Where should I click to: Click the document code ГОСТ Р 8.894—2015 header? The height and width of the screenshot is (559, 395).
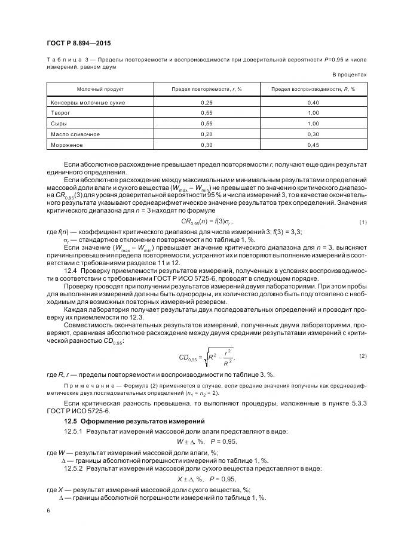coord(78,43)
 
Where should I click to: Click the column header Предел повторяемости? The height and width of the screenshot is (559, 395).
coord(206,88)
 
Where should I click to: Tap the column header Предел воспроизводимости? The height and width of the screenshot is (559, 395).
coord(313,88)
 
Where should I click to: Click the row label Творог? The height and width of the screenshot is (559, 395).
coord(62,112)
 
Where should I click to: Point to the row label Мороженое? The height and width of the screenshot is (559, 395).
coord(67,145)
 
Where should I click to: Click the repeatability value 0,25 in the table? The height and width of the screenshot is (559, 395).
coord(206,102)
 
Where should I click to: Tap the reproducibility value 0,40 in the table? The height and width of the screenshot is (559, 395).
coord(313,102)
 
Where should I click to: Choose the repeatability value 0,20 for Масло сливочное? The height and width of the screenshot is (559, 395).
coord(206,134)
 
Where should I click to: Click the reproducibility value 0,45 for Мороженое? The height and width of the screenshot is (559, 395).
coord(313,145)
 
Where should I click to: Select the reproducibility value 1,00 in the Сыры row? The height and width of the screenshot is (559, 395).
coord(313,123)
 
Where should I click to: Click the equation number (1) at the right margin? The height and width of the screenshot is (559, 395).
coord(362,222)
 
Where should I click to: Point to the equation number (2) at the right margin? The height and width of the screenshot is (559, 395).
coord(362,357)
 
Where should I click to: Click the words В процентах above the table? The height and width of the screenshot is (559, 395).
coord(350,75)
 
